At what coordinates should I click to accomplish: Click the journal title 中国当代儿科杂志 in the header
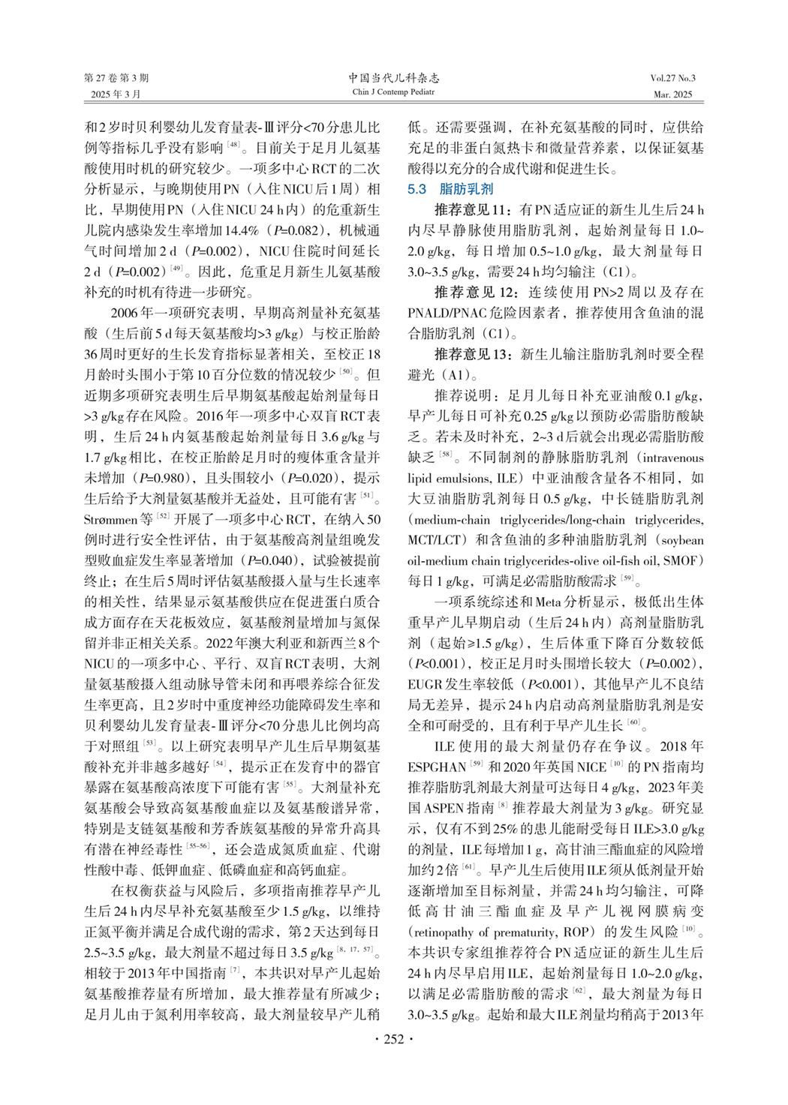pos(393,78)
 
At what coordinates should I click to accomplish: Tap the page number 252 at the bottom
pos(393,1039)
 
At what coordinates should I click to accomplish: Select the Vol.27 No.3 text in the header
pos(672,78)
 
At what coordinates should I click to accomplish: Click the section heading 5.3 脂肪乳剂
pos(450,189)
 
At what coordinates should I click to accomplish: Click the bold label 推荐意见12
pos(476,292)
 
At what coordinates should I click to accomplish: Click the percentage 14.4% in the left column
pos(242,230)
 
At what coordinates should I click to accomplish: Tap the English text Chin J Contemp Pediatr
pos(393,92)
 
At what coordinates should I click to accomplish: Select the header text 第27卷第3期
pos(116,78)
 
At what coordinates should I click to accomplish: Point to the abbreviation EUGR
pos(426,684)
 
